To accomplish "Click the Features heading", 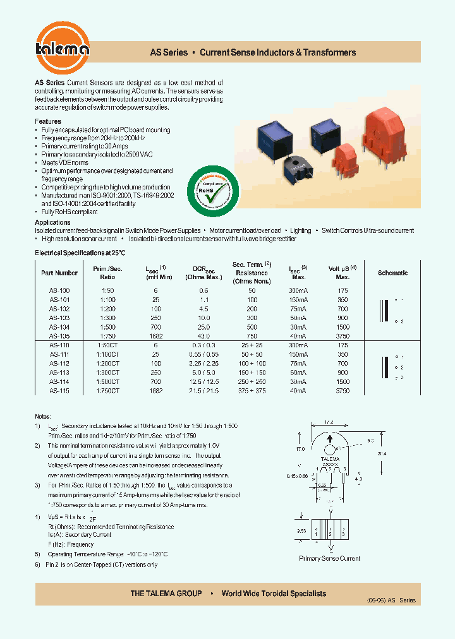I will click(48, 121).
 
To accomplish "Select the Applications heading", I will click(52, 222).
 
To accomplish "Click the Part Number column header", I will click(59, 273).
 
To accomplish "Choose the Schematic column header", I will click(392, 273).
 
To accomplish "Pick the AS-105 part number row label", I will click(59, 337).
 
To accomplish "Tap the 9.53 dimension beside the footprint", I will click(301, 531).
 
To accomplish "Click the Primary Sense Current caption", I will click(329, 558).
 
